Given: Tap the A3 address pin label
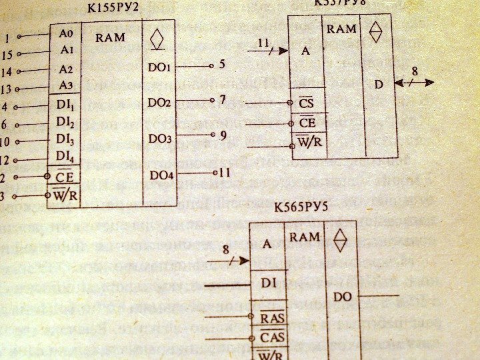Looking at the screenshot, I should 65,85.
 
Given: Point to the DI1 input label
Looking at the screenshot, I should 65,105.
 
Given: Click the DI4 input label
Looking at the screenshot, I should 65,157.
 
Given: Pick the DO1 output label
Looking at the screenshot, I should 160,68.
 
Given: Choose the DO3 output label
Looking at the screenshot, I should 160,139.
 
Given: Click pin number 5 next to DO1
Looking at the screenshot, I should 222,65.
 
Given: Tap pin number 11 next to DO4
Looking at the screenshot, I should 225,172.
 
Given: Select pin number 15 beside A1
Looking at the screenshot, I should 7,54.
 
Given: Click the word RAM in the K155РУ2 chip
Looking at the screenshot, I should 110,37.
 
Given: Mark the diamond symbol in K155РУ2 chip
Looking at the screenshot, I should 158,37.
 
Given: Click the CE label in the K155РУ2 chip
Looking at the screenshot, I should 65,177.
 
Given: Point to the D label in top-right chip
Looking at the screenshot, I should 378,85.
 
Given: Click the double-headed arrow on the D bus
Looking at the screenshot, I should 414,83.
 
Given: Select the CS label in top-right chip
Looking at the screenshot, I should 306,103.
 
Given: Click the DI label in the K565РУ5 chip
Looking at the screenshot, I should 269,284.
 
